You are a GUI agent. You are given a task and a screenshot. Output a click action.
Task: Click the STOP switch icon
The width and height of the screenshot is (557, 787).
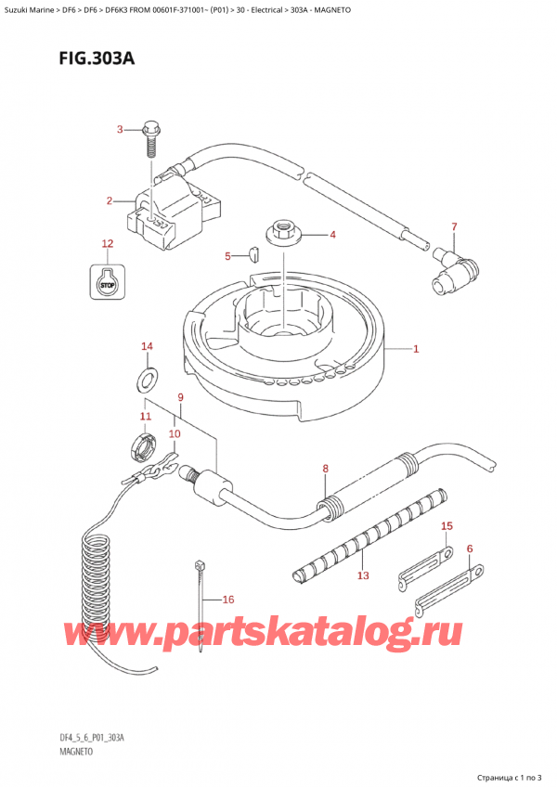click(108, 281)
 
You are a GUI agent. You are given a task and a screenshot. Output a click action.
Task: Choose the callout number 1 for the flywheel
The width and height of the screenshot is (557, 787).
click(416, 349)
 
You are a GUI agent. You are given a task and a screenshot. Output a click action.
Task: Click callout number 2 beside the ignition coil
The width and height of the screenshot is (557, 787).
click(110, 201)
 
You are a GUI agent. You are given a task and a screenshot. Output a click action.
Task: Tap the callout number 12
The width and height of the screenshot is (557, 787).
click(108, 244)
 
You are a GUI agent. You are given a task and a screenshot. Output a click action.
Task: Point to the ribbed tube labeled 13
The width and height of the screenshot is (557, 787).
click(369, 533)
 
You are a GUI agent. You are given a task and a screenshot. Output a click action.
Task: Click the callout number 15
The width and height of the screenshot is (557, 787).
click(447, 526)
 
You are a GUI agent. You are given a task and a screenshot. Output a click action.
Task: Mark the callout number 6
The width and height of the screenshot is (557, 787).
click(470, 549)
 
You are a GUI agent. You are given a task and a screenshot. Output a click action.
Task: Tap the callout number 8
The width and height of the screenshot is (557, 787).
click(326, 470)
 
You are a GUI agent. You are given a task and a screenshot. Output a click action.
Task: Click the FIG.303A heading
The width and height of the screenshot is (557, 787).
click(97, 58)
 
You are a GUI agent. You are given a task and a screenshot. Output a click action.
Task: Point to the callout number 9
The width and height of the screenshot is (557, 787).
click(180, 397)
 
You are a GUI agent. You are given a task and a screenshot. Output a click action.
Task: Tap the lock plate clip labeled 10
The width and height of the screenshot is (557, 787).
click(160, 466)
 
